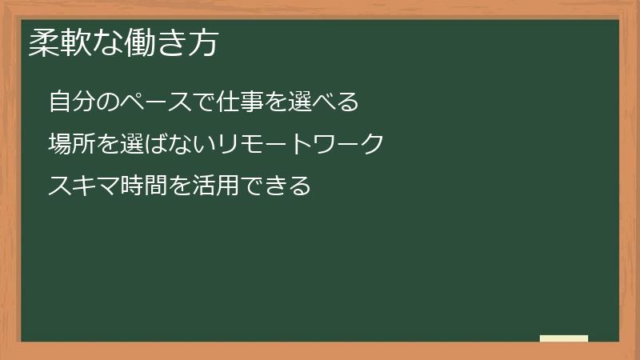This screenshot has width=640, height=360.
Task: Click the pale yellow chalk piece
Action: coord(564,338)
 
